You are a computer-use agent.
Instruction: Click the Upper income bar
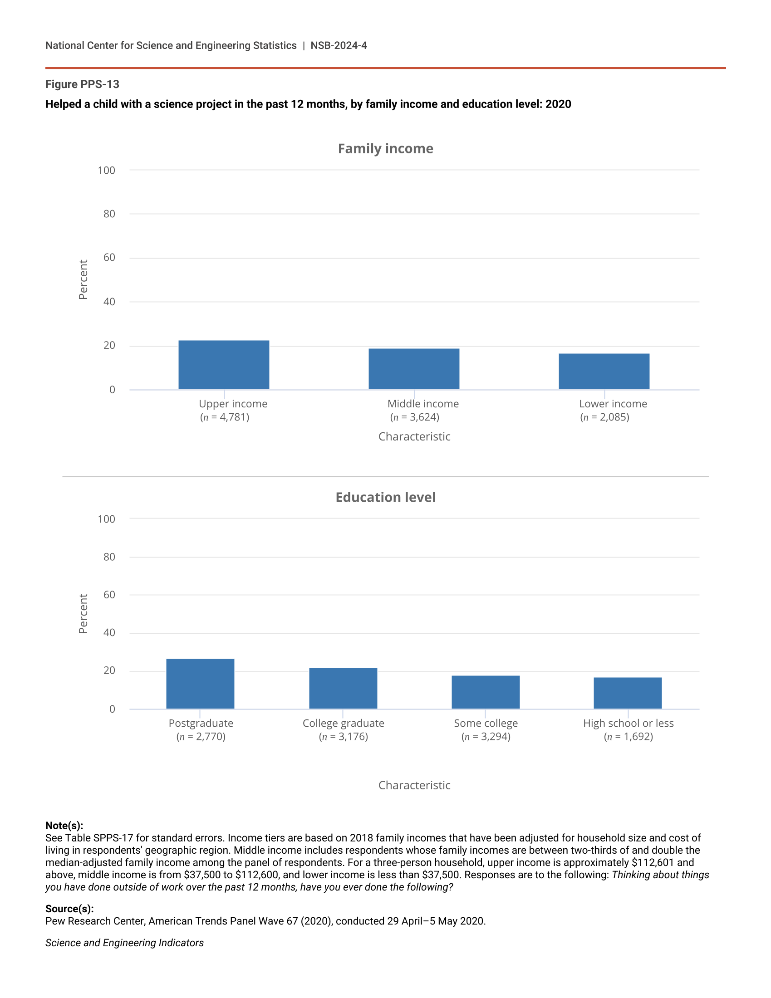[x=223, y=365]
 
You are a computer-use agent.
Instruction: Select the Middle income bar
[x=413, y=369]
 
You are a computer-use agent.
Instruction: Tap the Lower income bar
[x=604, y=371]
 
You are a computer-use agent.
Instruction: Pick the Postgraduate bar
[x=200, y=684]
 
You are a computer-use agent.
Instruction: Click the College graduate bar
[x=343, y=688]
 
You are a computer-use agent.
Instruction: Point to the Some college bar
[x=486, y=692]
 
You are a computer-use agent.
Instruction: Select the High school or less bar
[x=628, y=693]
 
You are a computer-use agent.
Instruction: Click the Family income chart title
[x=385, y=148]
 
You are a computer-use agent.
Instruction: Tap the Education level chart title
[x=385, y=497]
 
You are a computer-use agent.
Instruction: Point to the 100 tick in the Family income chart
[x=107, y=171]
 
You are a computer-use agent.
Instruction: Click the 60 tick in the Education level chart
[x=109, y=595]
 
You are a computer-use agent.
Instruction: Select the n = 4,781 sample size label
[x=224, y=417]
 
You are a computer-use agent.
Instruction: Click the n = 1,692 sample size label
[x=628, y=737]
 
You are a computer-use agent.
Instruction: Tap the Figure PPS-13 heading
[x=82, y=84]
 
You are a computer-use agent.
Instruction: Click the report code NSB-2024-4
[x=339, y=45]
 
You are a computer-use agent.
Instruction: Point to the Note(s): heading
[x=64, y=825]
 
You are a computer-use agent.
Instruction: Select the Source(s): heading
[x=69, y=909]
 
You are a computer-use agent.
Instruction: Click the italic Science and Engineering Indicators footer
[x=124, y=943]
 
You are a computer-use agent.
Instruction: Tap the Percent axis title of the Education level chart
[x=83, y=613]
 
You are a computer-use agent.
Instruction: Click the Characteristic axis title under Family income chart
[x=414, y=436]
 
